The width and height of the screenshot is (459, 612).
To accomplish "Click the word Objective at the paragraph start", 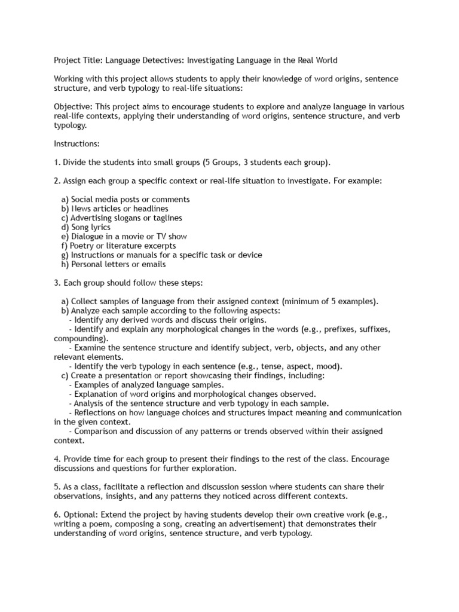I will (x=73, y=106).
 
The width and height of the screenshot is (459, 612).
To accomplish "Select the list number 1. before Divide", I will (x=57, y=163).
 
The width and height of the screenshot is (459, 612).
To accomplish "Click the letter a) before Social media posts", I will (x=65, y=199).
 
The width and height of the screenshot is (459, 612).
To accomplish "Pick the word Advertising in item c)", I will (x=91, y=218).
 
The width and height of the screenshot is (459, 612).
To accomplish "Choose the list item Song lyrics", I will (x=90, y=227).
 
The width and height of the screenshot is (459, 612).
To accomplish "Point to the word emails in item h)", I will (x=154, y=264).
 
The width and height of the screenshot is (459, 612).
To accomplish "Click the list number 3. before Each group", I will (x=57, y=283).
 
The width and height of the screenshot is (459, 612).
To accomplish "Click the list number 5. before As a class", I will (x=57, y=486).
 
